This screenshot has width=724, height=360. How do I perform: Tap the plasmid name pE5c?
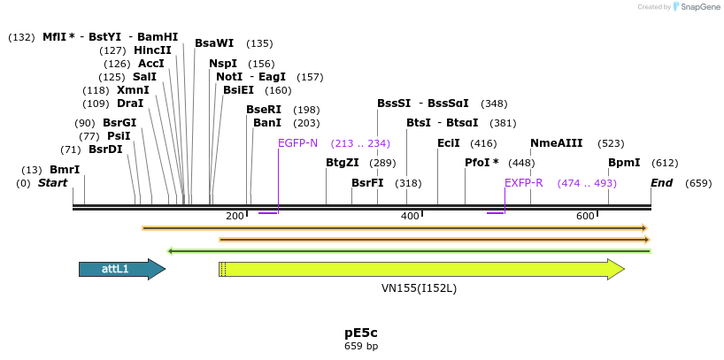click(360, 333)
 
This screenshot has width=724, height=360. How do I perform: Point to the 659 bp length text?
click(360, 346)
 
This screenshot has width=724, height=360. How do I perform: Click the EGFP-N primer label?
click(297, 143)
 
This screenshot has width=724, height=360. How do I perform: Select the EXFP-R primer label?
click(523, 183)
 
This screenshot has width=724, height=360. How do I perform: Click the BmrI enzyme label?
click(65, 170)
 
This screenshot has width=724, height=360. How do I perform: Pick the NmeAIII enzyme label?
click(556, 143)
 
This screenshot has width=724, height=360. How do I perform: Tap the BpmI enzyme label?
click(624, 163)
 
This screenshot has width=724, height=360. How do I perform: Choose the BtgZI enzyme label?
click(343, 163)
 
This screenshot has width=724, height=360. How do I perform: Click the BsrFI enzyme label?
click(367, 183)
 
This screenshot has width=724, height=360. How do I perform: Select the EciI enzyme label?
click(449, 143)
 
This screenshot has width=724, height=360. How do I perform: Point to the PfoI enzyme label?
click(481, 163)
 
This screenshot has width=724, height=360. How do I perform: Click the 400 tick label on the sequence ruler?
click(410, 217)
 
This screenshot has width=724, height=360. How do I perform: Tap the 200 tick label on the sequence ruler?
click(235, 217)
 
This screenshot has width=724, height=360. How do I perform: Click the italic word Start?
click(52, 183)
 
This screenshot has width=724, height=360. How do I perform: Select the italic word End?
click(661, 183)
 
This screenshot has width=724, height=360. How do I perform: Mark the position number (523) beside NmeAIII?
click(611, 143)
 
